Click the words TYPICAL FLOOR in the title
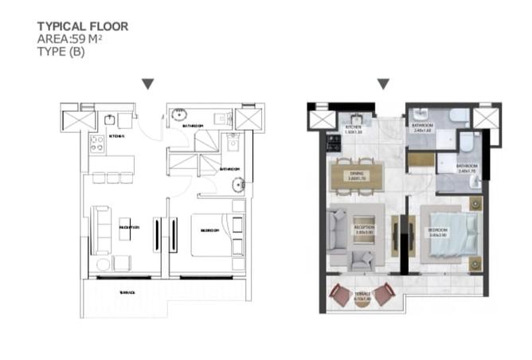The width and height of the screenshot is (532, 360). coord(82,26)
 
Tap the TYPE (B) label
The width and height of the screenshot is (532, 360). coord(61,53)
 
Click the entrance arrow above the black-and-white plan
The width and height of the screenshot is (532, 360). coord(147,84)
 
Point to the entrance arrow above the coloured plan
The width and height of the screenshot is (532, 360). coord(383,84)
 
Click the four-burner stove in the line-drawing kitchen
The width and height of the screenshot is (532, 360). coord(98,144)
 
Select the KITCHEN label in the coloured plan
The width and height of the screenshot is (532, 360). coord(353,128)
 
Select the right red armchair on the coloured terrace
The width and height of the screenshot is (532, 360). coord(384,295)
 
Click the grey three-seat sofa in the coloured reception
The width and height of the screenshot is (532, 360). coord(338,229)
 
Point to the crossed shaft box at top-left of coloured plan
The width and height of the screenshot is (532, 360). coord(323,119)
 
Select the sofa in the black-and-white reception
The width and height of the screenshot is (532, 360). coord(101,229)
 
